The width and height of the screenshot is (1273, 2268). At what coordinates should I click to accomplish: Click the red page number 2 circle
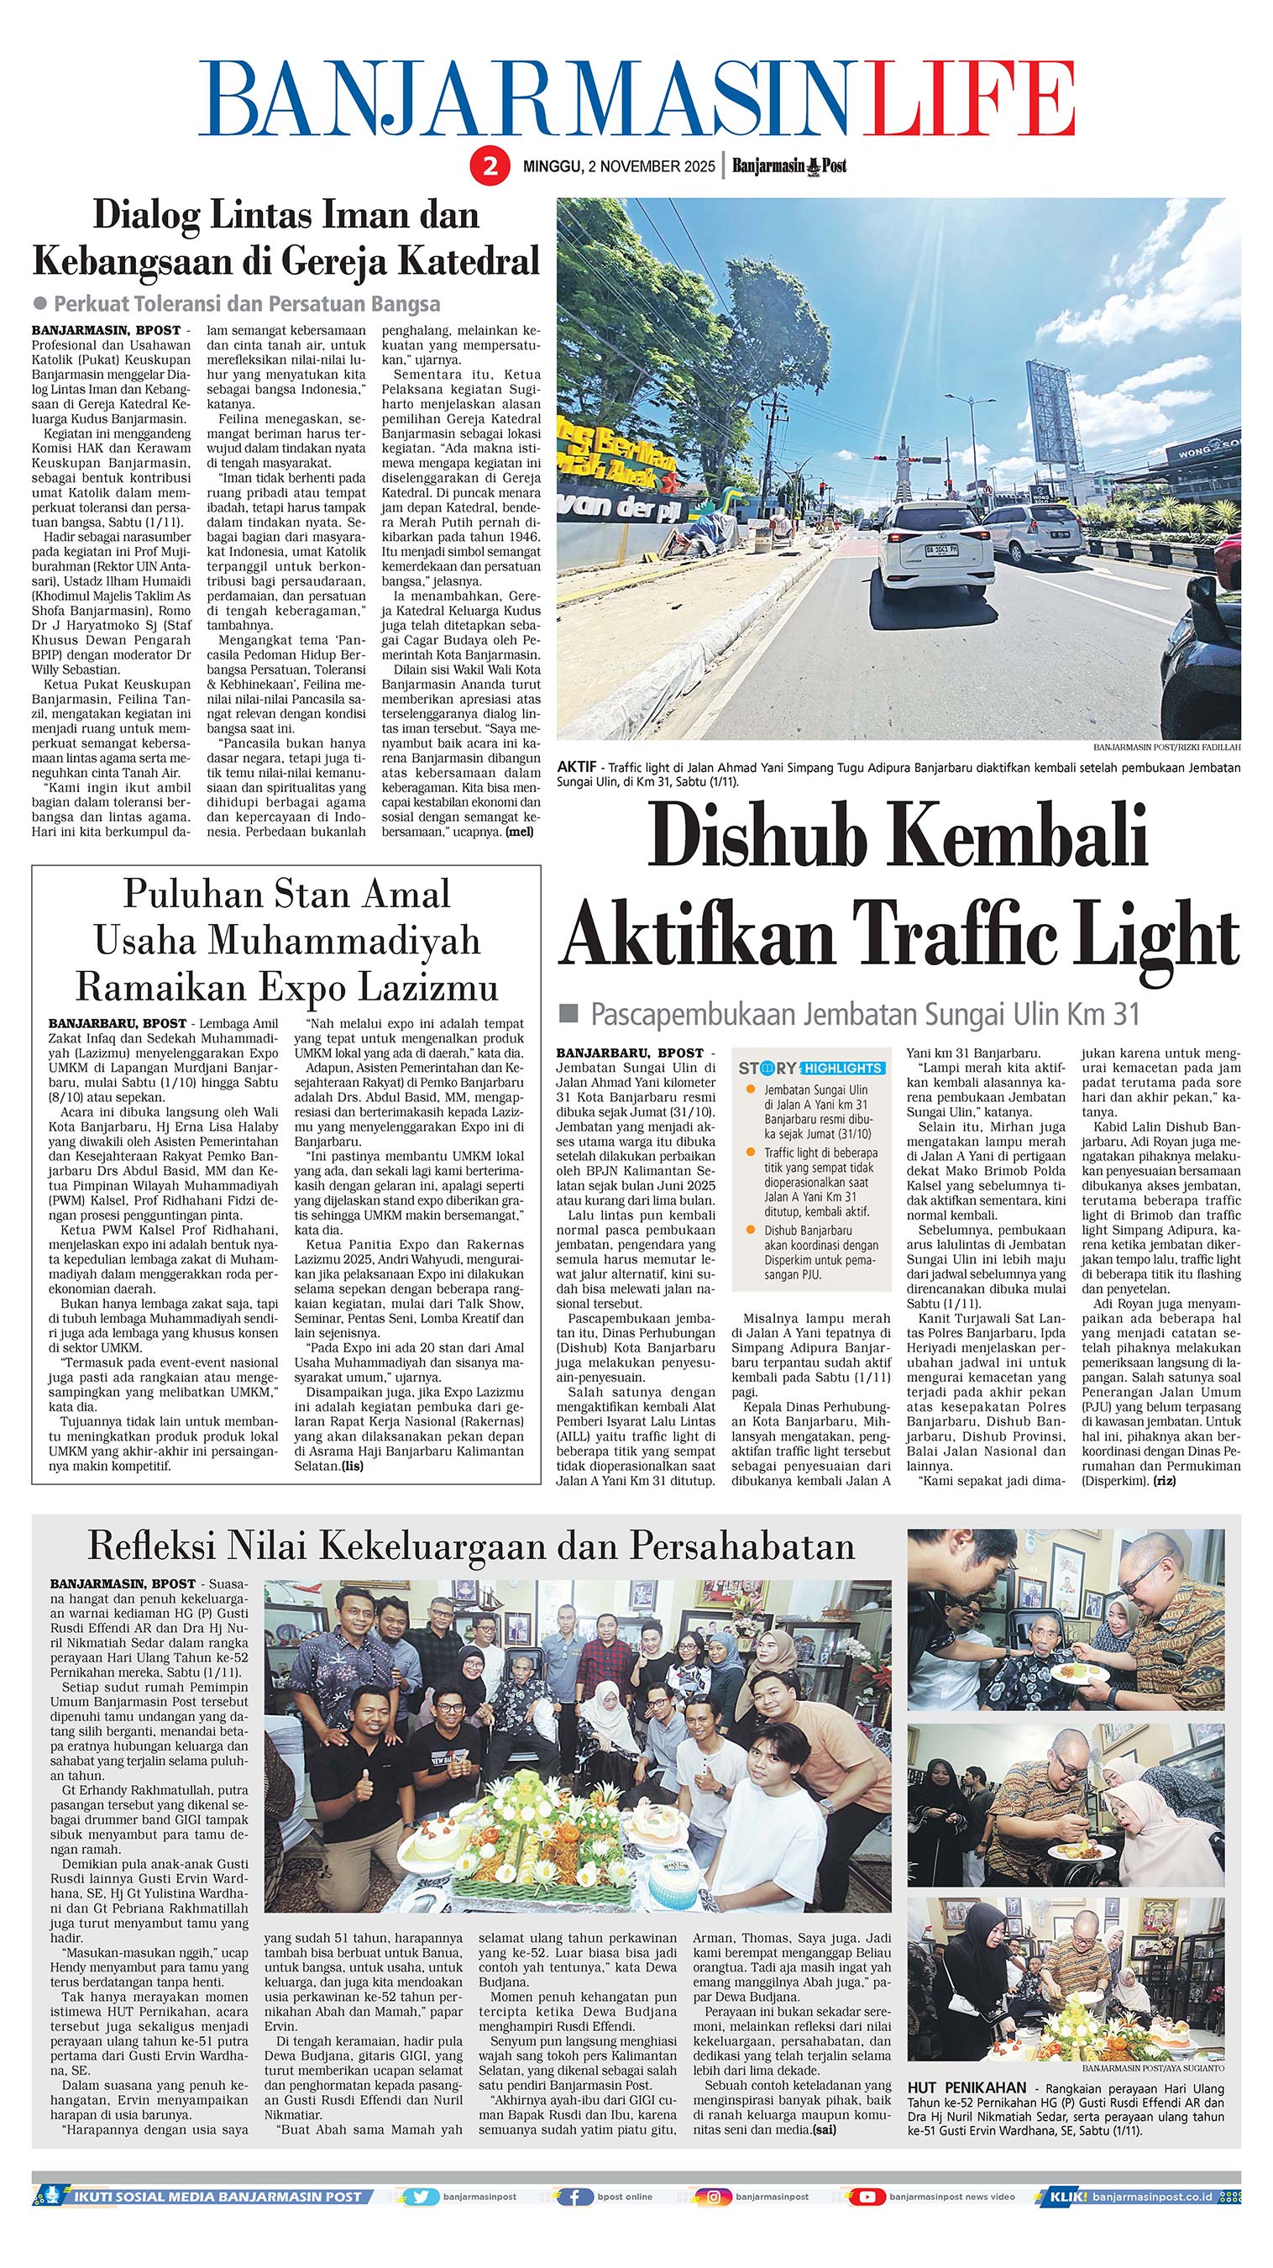[x=489, y=165]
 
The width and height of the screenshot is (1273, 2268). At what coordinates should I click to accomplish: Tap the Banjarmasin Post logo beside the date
[x=788, y=165]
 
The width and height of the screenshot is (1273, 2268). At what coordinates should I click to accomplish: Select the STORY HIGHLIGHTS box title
[x=811, y=1068]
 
